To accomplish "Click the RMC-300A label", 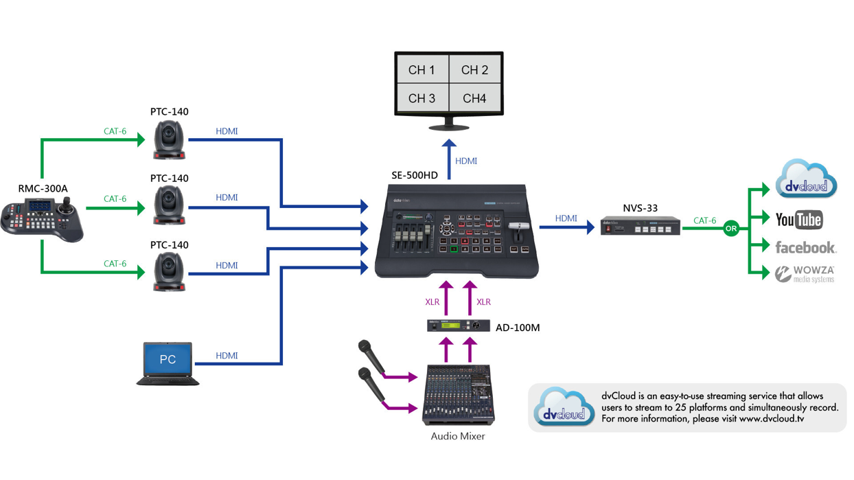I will (x=43, y=188).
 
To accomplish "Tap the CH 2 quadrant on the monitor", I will (x=474, y=70).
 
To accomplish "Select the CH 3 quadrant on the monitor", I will (x=422, y=98).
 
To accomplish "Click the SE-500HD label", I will (x=415, y=175).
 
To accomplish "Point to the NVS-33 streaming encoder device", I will (x=640, y=226).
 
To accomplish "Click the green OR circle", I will (x=731, y=229).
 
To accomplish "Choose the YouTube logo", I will (x=798, y=220).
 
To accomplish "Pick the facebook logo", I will (x=805, y=247).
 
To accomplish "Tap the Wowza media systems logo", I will (x=805, y=274).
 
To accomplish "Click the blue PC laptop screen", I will (x=168, y=359).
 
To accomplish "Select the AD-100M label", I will (x=518, y=328).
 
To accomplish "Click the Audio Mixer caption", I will (x=458, y=436).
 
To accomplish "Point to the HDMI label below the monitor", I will (x=465, y=161).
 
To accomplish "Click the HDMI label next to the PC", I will (x=227, y=356).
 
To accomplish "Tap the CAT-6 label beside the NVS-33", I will (x=704, y=220).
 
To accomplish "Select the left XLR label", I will (x=432, y=302).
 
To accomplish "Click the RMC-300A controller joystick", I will (x=67, y=203).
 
